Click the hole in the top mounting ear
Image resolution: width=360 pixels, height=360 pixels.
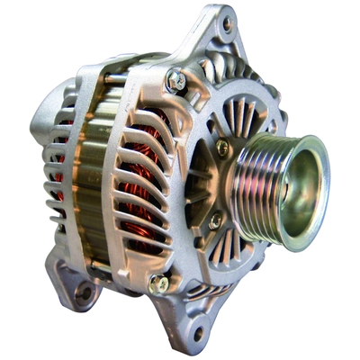point(226,24)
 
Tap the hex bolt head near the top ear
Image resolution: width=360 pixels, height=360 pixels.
point(176,81)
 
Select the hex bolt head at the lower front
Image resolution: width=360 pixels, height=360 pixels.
point(158,283)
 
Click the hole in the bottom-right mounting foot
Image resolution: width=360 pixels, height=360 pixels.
point(198,334)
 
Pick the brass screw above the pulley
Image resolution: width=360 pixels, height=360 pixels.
point(221,148)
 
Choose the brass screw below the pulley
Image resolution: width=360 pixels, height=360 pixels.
point(216,219)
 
